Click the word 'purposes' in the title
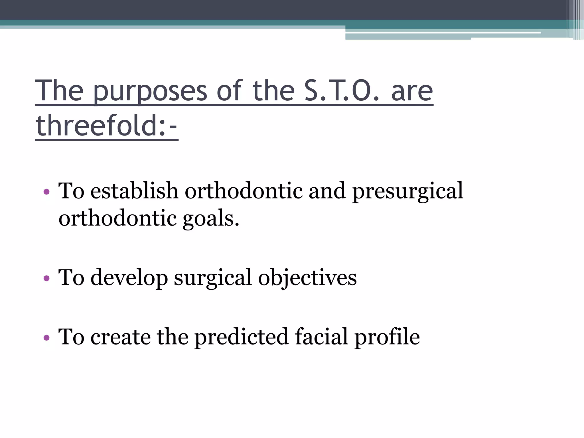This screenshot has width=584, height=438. (x=150, y=92)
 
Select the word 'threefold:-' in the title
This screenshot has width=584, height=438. (x=107, y=125)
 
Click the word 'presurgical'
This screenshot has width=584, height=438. (x=408, y=191)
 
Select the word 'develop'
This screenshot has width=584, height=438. (x=129, y=278)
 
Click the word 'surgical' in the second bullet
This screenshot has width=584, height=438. (x=213, y=278)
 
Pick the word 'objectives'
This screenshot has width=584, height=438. (x=307, y=278)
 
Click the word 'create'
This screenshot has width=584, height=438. (x=121, y=337)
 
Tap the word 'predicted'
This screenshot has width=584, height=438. (x=242, y=337)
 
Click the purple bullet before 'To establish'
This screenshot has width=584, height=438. (x=46, y=192)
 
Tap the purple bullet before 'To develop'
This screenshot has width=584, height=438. (x=46, y=278)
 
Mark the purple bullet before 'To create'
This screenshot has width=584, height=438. (x=46, y=338)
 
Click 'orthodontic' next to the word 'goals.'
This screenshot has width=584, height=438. (x=117, y=218)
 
